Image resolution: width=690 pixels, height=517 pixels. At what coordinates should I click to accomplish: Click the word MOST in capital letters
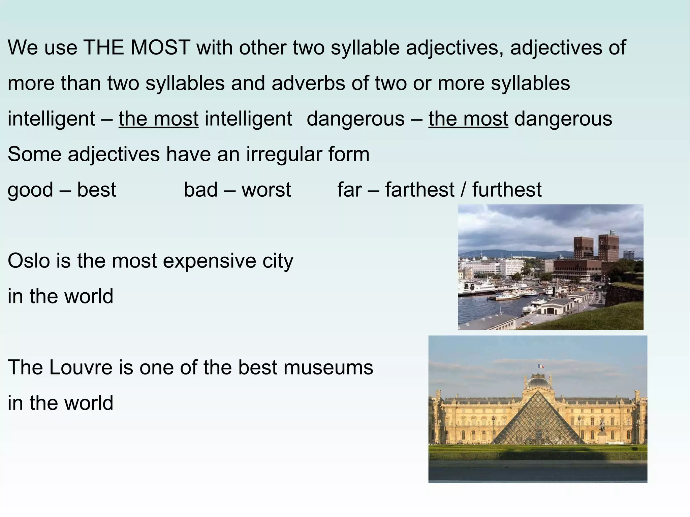160,47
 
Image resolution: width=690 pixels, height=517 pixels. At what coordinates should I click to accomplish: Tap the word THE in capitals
103,47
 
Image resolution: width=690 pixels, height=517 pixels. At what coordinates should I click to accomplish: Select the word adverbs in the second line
308,83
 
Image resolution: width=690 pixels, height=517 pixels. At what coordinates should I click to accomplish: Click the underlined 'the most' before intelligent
158,119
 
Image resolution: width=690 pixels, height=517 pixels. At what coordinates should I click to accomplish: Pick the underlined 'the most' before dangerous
468,119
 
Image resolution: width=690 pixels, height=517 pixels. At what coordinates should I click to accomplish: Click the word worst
266,190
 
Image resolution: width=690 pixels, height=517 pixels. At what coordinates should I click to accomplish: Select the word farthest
420,190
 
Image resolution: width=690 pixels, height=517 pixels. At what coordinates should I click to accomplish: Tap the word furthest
507,190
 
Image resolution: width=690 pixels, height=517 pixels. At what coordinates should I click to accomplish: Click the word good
30,190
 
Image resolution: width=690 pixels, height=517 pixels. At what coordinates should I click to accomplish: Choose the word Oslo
29,261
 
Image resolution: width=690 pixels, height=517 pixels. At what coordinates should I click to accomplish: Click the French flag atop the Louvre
540,366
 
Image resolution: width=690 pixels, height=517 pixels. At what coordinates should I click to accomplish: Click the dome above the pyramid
539,382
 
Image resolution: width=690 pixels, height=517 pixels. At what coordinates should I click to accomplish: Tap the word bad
200,190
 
